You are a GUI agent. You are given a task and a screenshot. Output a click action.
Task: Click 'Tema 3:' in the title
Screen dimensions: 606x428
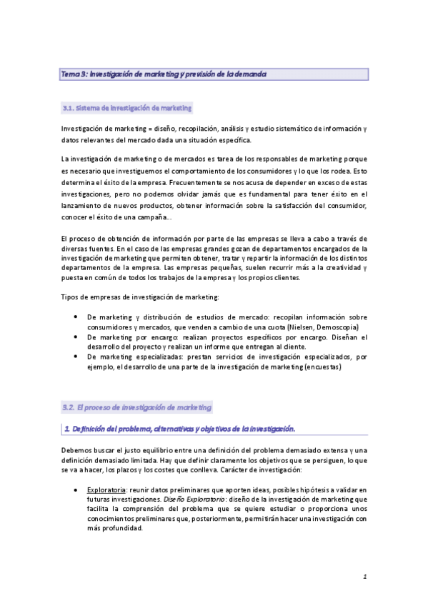tap(74, 74)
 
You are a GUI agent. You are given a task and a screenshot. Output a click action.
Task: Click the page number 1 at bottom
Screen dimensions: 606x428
tap(364, 575)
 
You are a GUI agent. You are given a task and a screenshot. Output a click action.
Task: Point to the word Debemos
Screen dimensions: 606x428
tap(76, 449)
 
